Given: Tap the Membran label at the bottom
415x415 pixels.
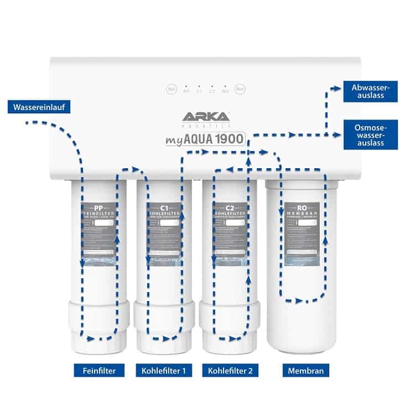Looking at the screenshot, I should [306, 370].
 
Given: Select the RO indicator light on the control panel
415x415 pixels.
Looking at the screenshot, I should [225, 90].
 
